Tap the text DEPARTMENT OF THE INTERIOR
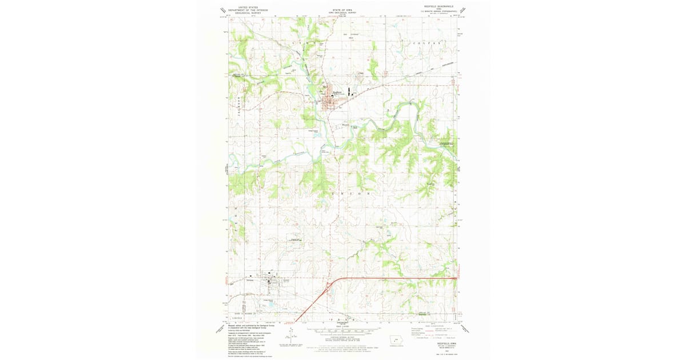248,10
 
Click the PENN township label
343,319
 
